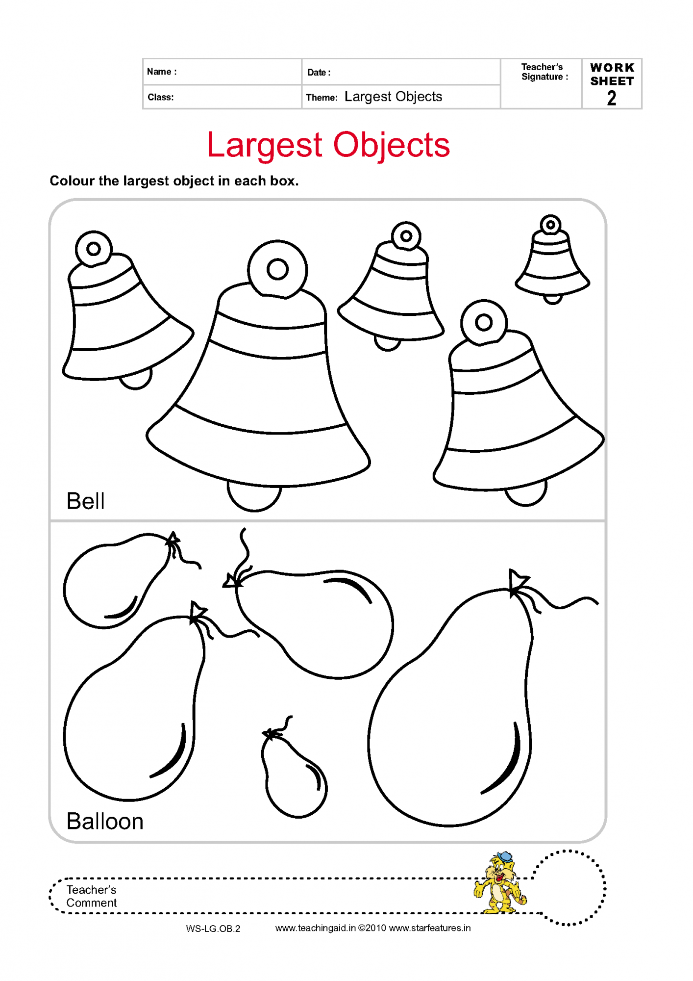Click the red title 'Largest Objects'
point(328,146)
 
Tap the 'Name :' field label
point(162,72)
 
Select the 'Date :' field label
point(319,73)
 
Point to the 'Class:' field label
point(161,97)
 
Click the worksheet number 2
point(612,98)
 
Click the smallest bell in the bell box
point(552,259)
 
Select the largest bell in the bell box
point(258,375)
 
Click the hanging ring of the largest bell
point(278,269)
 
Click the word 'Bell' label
point(85,501)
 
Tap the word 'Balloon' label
point(105,822)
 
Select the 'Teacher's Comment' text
point(92,896)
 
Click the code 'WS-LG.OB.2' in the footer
point(213,929)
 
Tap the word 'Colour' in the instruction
point(72,181)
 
